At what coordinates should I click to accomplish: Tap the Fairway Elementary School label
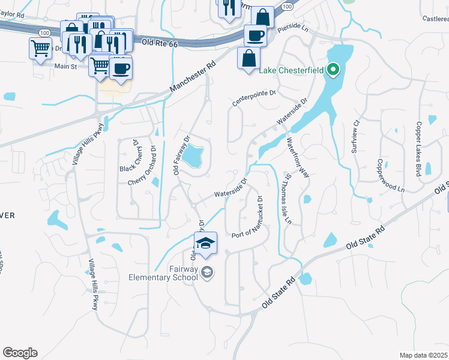(x=163, y=274)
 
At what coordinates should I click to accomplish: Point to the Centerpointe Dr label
(x=254, y=98)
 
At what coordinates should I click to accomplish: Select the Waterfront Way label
(x=298, y=158)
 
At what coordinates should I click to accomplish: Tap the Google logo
(x=20, y=353)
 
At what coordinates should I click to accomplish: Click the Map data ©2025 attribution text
(x=423, y=355)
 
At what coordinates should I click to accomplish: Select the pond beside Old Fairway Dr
(x=193, y=157)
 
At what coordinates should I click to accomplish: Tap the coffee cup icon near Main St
(x=121, y=68)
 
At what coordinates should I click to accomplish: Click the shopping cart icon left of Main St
(x=40, y=48)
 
